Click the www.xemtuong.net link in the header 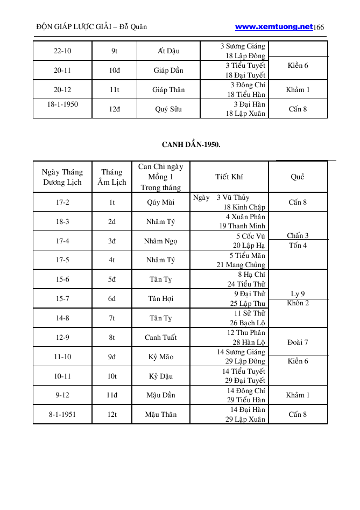click(x=274, y=26)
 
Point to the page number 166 click(x=319, y=27)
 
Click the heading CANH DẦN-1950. click(x=191, y=144)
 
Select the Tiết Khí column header click(x=229, y=177)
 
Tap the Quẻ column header click(x=298, y=177)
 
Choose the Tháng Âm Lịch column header click(x=112, y=177)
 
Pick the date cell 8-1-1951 click(x=62, y=414)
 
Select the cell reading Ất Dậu click(x=168, y=51)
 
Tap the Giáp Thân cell click(x=168, y=89)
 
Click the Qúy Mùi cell click(x=160, y=202)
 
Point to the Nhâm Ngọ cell click(x=160, y=241)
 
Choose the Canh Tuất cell click(x=160, y=338)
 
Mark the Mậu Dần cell click(x=160, y=395)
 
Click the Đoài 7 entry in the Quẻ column click(x=298, y=342)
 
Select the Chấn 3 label click(x=298, y=235)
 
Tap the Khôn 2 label click(x=298, y=303)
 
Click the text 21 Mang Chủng click(x=241, y=264)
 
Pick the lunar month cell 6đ click(x=112, y=298)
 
